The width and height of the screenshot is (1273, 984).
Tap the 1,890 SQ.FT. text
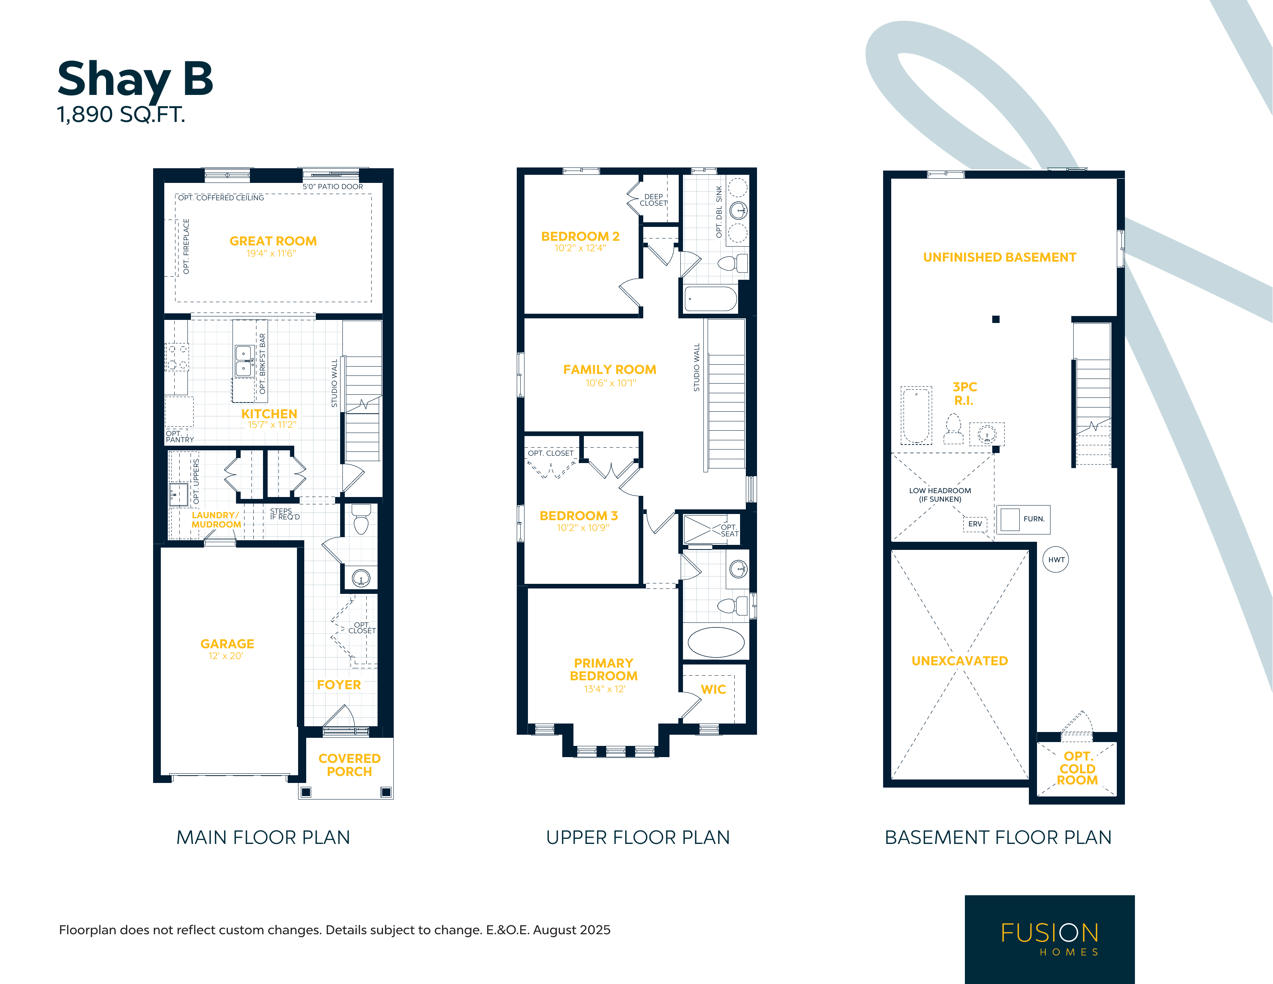click(x=121, y=115)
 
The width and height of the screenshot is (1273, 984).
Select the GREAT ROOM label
click(x=273, y=241)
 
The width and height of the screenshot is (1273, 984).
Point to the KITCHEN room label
click(x=269, y=414)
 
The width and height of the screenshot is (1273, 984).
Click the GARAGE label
click(x=227, y=644)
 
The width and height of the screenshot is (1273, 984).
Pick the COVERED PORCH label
click(x=349, y=765)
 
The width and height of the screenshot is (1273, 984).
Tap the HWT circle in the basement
click(x=1055, y=560)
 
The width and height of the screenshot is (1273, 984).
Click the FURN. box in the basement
click(x=1023, y=519)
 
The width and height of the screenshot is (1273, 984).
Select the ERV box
click(x=975, y=524)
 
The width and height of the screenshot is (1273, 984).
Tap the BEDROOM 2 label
click(x=580, y=236)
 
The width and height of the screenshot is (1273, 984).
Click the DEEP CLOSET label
click(x=653, y=200)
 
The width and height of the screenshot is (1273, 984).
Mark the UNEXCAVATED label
click(x=959, y=661)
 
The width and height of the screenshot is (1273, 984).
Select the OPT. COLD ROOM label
click(x=1077, y=768)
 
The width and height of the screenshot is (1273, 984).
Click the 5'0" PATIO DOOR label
click(x=333, y=187)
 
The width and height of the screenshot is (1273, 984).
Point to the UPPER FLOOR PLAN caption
click(x=638, y=838)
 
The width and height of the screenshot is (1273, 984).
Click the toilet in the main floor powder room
click(x=361, y=519)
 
